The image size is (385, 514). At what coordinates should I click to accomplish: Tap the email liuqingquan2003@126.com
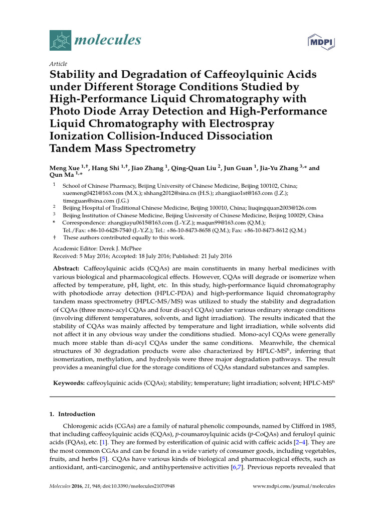pos(280,207)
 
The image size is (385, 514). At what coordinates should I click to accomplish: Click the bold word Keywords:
pos(69,383)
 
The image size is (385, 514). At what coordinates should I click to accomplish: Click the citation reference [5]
pos(103,459)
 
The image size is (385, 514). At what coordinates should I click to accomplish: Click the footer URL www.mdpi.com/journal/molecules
pos(294,486)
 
